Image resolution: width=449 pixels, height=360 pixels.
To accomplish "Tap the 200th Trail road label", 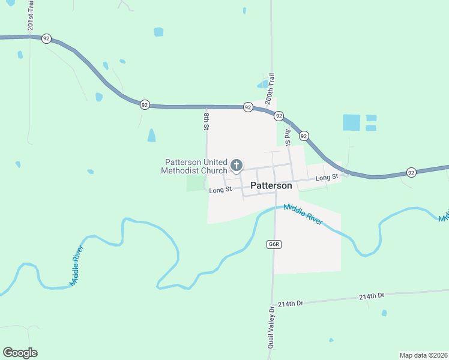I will (271, 89).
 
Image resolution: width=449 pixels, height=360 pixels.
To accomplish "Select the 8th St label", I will (206, 121).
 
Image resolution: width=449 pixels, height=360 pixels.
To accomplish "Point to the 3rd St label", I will (288, 136).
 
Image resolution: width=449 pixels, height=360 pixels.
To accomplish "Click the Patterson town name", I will (271, 186).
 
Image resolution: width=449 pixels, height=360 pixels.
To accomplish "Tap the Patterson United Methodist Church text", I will (194, 166).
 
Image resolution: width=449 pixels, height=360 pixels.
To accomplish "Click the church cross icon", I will (237, 165).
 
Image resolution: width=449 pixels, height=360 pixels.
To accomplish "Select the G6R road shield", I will (274, 245).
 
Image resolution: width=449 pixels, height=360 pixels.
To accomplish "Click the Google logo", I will (20, 353).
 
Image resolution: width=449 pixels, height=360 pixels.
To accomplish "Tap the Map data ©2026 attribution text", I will (423, 355).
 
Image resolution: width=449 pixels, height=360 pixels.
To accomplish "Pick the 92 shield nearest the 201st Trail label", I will (46, 38).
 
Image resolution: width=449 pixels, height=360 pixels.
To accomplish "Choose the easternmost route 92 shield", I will (411, 172).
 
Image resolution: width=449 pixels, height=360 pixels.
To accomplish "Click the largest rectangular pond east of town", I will (351, 122).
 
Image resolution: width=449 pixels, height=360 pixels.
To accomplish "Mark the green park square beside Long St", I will (196, 182).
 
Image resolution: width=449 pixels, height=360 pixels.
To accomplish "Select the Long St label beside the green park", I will (220, 190).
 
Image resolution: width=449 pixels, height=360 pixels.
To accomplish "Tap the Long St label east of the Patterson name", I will (327, 178).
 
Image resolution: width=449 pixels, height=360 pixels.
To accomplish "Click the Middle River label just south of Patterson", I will (303, 213).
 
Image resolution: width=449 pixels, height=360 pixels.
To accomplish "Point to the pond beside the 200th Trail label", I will (262, 84).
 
